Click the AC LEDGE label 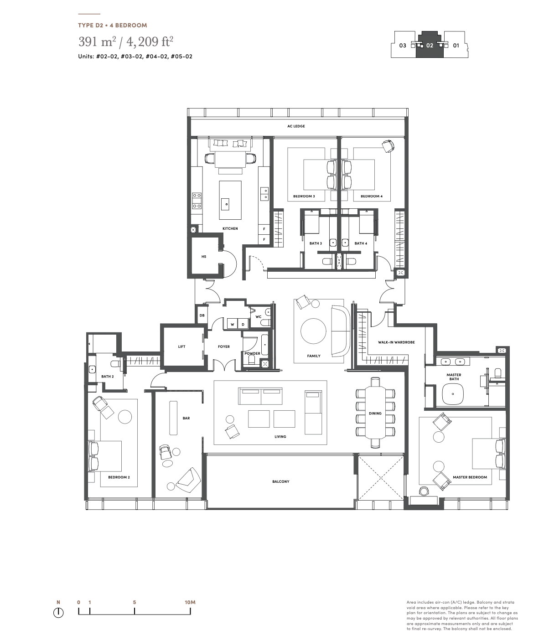click(296, 126)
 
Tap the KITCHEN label click(230, 228)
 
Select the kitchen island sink click(227, 204)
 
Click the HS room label click(204, 257)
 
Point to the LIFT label click(182, 346)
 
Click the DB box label click(202, 315)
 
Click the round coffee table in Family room click(313, 331)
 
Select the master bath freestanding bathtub click(453, 394)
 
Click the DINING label click(375, 414)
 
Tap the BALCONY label click(281, 481)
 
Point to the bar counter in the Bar click(173, 418)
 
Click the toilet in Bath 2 click(116, 363)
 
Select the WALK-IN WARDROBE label click(396, 342)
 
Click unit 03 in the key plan click(403, 46)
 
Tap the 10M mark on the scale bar click(190, 602)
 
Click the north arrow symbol click(58, 613)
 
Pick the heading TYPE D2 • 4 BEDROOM click(113, 26)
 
